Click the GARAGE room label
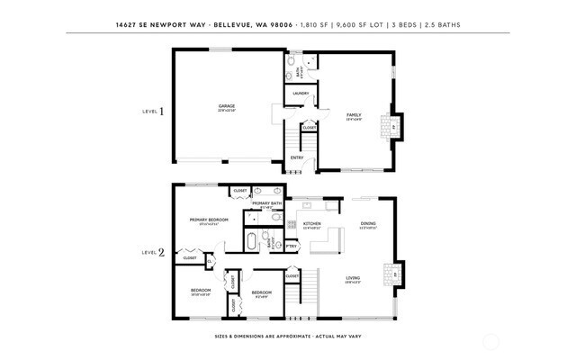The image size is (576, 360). [227, 106]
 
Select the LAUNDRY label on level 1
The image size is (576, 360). [301, 93]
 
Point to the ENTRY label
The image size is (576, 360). [296, 158]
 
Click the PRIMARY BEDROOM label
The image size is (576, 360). [208, 220]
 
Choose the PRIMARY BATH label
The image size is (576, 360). [267, 203]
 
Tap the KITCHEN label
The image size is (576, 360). [312, 223]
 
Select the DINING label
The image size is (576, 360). [368, 223]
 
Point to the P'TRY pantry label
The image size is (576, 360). [292, 245]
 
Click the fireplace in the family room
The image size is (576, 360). [392, 125]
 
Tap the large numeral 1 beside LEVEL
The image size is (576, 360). [162, 112]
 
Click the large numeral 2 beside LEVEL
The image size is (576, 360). [161, 253]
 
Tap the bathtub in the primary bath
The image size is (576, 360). [253, 241]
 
